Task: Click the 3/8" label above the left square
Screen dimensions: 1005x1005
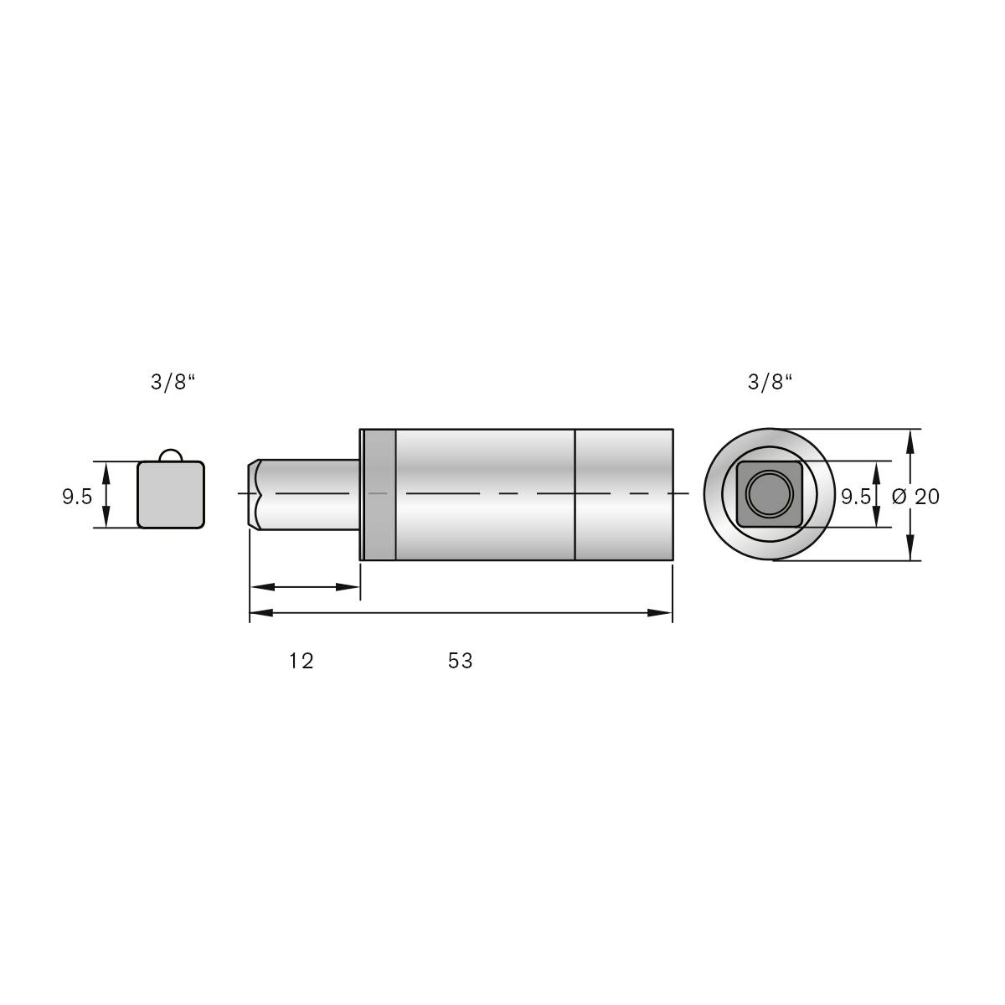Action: [x=173, y=383]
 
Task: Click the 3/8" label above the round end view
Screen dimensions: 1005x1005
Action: [x=770, y=383]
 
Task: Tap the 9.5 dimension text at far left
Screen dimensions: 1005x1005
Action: [x=77, y=497]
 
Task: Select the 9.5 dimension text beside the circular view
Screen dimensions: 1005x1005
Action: [x=855, y=497]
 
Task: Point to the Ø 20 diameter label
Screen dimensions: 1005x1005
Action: [x=916, y=497]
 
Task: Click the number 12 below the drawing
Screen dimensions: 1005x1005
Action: [x=301, y=661]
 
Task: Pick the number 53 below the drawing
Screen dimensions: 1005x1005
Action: [x=460, y=661]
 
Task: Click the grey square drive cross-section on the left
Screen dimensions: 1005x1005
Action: [x=171, y=496]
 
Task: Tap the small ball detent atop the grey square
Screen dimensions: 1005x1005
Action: [x=171, y=454]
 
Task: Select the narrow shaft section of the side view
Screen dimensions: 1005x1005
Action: [x=310, y=494]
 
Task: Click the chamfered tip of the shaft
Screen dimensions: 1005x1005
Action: [x=254, y=494]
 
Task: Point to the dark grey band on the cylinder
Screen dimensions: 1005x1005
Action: [x=379, y=494]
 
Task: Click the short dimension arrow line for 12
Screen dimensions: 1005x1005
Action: [x=304, y=587]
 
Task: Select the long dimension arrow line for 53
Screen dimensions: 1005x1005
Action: [x=461, y=613]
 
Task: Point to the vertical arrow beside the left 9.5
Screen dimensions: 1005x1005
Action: [x=106, y=494]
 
